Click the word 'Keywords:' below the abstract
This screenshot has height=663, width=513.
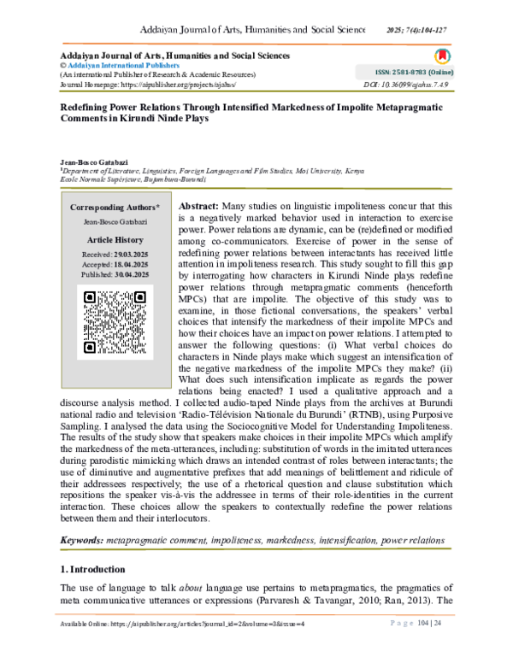(80, 542)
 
